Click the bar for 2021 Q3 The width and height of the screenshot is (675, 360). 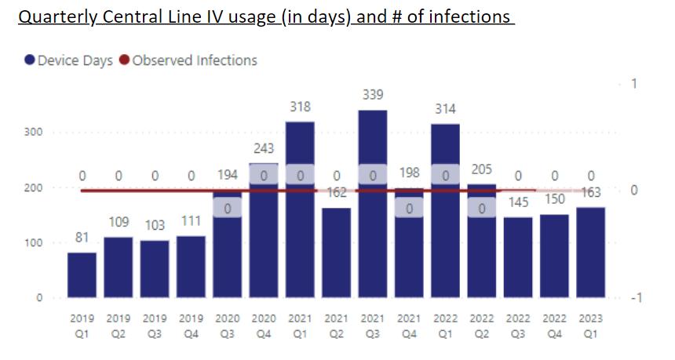click(373, 235)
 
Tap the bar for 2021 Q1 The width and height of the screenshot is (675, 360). click(300, 235)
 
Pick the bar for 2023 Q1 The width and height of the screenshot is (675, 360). click(591, 251)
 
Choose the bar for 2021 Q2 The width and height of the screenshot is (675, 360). click(336, 251)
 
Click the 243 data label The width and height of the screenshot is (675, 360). click(264, 149)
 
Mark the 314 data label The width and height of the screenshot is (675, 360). click(446, 109)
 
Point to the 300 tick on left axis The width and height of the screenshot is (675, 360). click(32, 133)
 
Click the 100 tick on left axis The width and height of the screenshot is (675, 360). click(32, 243)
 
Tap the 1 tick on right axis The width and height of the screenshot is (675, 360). click(635, 85)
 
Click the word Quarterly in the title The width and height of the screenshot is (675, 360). click(53, 16)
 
